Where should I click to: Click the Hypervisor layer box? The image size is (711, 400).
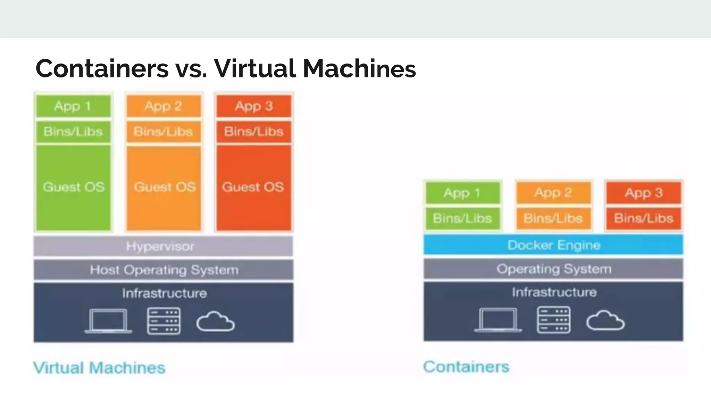[163, 246]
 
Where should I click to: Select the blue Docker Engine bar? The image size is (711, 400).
[553, 245]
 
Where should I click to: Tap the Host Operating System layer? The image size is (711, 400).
[163, 270]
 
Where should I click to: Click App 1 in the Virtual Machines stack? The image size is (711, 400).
[73, 106]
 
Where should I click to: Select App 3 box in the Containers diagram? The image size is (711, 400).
[644, 193]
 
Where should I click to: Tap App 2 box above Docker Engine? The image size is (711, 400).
[553, 193]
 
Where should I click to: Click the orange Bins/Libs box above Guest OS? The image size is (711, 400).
[164, 132]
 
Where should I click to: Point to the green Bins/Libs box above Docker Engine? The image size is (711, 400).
[462, 218]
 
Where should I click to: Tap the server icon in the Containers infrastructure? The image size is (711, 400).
[553, 320]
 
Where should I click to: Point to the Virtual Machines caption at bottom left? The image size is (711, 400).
[99, 368]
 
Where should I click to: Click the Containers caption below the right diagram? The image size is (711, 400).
[466, 367]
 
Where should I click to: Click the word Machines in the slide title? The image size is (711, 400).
[359, 68]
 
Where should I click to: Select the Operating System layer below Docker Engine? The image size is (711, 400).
[553, 269]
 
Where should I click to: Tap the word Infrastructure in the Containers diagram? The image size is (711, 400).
[554, 292]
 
